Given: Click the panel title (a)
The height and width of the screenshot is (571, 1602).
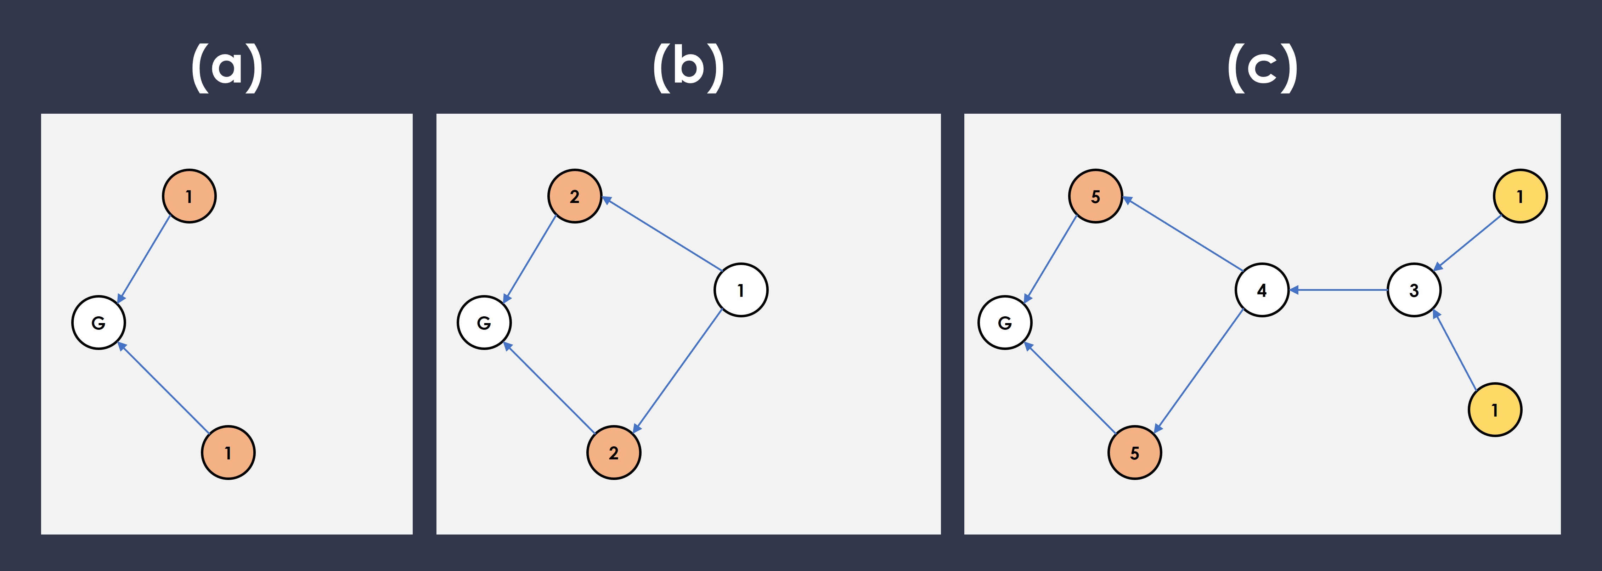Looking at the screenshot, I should (x=227, y=67).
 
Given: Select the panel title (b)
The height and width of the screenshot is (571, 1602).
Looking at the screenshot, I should (x=688, y=67).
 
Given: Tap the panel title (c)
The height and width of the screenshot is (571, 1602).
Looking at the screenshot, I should (x=1263, y=67).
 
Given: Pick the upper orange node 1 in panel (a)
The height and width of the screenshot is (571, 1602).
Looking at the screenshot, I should (x=189, y=196).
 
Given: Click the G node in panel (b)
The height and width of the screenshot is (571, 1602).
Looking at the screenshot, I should (x=484, y=322).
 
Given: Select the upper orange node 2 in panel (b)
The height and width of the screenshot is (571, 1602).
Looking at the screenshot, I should (x=575, y=196).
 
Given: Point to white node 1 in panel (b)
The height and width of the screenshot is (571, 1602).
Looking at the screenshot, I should (x=741, y=290).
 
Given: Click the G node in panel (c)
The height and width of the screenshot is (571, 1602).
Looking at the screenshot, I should (x=1004, y=322).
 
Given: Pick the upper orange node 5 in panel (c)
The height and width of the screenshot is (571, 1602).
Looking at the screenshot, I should (x=1095, y=196).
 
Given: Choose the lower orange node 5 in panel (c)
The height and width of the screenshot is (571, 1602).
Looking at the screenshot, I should (x=1134, y=452).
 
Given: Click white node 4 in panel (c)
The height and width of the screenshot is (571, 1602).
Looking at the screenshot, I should (x=1261, y=290).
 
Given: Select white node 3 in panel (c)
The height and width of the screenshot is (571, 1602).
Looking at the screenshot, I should (x=1414, y=290).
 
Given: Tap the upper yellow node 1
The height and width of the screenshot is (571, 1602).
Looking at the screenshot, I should (x=1520, y=196).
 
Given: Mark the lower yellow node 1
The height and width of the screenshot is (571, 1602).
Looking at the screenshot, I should (x=1494, y=409).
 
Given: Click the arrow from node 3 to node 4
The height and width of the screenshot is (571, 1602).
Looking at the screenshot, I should (x=1337, y=290).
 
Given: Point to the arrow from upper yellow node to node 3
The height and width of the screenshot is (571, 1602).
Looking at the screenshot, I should (x=1468, y=243).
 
